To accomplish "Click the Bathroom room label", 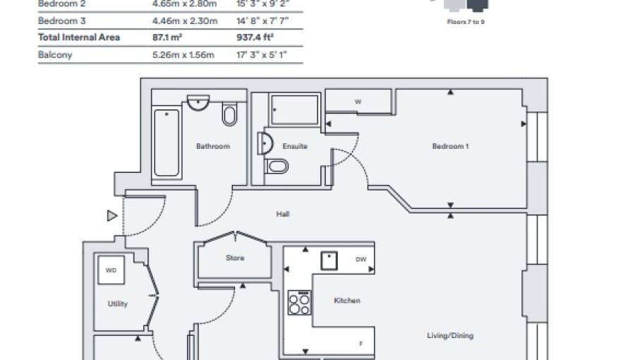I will pyautogui.click(x=212, y=146).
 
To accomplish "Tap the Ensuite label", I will pyautogui.click(x=294, y=146).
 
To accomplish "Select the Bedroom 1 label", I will pyautogui.click(x=450, y=146).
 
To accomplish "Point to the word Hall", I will pyautogui.click(x=284, y=214).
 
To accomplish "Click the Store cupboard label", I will pyautogui.click(x=235, y=258).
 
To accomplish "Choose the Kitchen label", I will pyautogui.click(x=346, y=301).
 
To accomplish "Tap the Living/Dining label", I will pyautogui.click(x=450, y=335).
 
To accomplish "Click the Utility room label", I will pyautogui.click(x=118, y=304).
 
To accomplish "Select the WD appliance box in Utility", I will pyautogui.click(x=111, y=270).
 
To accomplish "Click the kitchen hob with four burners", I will pyautogui.click(x=299, y=303).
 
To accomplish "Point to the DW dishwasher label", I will pyautogui.click(x=361, y=260).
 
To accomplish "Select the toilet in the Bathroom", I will pyautogui.click(x=229, y=114).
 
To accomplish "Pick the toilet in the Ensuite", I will pyautogui.click(x=277, y=167).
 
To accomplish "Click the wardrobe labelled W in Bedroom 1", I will pyautogui.click(x=358, y=102).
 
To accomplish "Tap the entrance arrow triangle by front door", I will pyautogui.click(x=111, y=216).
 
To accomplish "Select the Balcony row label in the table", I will pyautogui.click(x=55, y=55).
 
